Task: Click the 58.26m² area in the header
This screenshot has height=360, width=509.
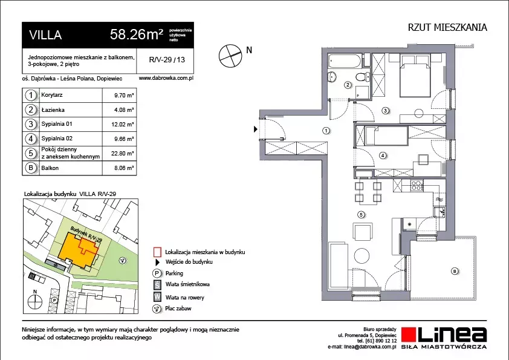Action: [137, 34]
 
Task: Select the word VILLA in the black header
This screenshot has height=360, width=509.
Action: [45, 34]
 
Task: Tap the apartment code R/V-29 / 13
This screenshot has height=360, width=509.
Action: [167, 60]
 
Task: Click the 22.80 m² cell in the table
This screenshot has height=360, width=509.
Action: [122, 153]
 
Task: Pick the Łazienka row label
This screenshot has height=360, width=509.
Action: [53, 110]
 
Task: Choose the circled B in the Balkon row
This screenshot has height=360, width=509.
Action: [31, 168]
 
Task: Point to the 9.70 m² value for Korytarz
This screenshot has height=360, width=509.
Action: [124, 96]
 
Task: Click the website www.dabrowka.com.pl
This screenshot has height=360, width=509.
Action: [166, 78]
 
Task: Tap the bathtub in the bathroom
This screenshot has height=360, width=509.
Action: [345, 61]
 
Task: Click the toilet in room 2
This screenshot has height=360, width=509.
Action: [362, 77]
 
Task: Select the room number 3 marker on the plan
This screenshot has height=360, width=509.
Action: [385, 111]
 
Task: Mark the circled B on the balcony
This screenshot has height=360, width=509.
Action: [455, 271]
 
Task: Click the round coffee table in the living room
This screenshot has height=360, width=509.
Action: [361, 256]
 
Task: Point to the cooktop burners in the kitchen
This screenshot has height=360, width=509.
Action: [417, 185]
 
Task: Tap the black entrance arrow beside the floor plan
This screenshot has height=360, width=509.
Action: [256, 129]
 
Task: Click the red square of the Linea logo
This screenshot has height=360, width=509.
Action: [409, 335]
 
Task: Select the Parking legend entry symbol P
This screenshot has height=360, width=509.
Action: [157, 273]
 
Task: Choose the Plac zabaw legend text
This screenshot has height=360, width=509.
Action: [178, 309]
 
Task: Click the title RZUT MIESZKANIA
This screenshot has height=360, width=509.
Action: [447, 27]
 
